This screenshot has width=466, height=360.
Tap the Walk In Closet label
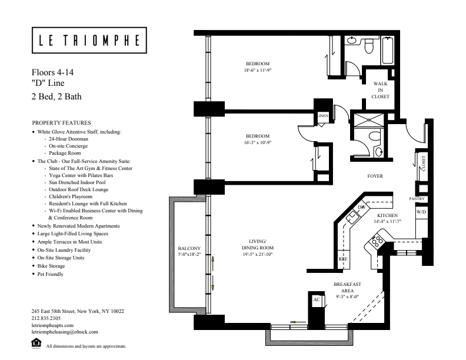click(x=377, y=90)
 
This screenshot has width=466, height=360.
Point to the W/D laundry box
click(x=421, y=211)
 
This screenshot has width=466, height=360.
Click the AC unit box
click(x=315, y=299)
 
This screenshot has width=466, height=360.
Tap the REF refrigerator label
click(x=342, y=259)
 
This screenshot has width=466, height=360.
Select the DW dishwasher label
click(x=361, y=208)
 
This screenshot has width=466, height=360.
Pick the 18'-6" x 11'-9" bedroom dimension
click(x=258, y=69)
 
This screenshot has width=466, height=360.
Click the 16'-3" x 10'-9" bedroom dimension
click(x=258, y=142)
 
